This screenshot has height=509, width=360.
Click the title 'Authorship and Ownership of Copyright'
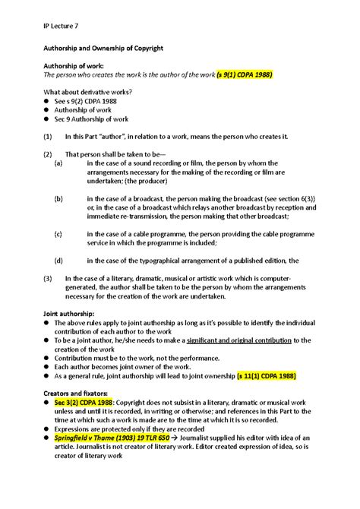[x=106, y=48]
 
